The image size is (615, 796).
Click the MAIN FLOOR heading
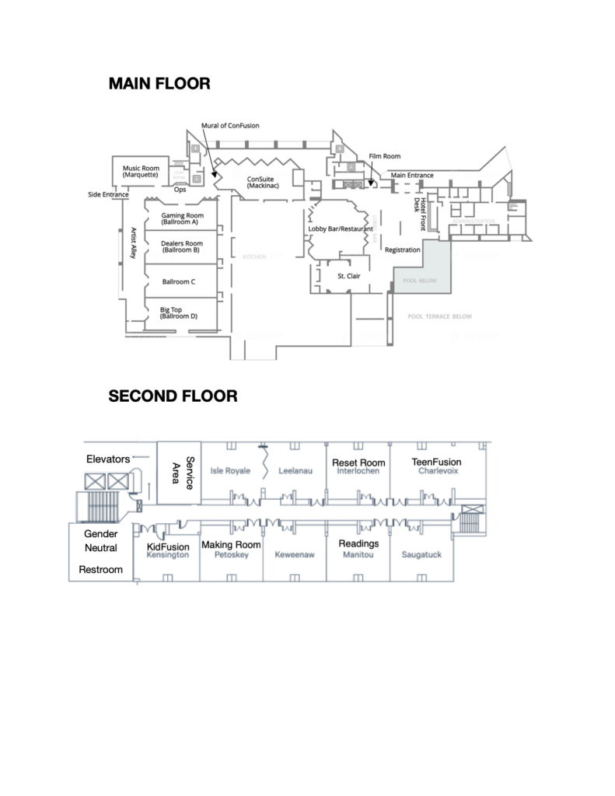point(159,83)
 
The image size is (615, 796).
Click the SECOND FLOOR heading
point(173,396)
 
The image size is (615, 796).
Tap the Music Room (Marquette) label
point(142,172)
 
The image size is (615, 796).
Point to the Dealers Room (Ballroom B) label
point(181,246)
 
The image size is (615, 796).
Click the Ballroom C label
point(179,281)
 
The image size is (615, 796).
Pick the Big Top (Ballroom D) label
point(178,312)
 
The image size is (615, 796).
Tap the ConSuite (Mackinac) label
point(261,183)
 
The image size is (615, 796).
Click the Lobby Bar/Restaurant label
point(341,229)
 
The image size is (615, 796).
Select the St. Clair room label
point(348,276)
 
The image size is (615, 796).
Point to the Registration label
point(403,250)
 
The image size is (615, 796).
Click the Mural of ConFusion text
point(230,125)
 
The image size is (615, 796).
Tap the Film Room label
point(384,156)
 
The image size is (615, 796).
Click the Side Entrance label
point(108,194)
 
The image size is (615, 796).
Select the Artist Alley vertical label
point(133,243)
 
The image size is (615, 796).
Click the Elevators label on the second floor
point(107,459)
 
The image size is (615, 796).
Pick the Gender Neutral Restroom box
point(101,552)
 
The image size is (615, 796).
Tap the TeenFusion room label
point(435,463)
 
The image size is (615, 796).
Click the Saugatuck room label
point(421,555)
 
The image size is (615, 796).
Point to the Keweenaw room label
point(294,555)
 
